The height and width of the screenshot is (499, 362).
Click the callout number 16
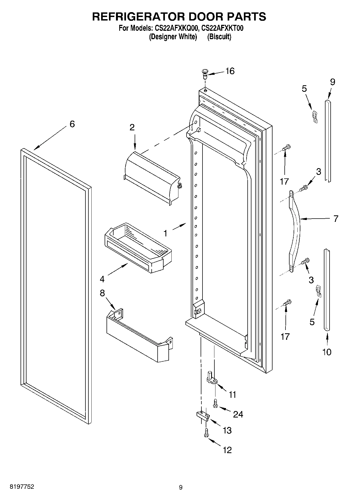coord(230,71)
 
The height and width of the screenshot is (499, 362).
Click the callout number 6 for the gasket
coord(72,124)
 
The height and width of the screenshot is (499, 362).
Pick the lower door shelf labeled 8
coord(138,337)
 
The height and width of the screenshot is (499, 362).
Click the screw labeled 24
coord(215,404)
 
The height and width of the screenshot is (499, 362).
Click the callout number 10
coord(327,352)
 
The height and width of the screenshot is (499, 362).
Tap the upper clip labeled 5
coord(315,117)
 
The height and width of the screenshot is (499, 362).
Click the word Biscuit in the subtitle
coord(219,37)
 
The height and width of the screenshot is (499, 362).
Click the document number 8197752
coord(22,487)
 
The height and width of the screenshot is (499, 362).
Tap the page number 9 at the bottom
coord(181,487)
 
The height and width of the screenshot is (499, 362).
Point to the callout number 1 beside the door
coord(165,233)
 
